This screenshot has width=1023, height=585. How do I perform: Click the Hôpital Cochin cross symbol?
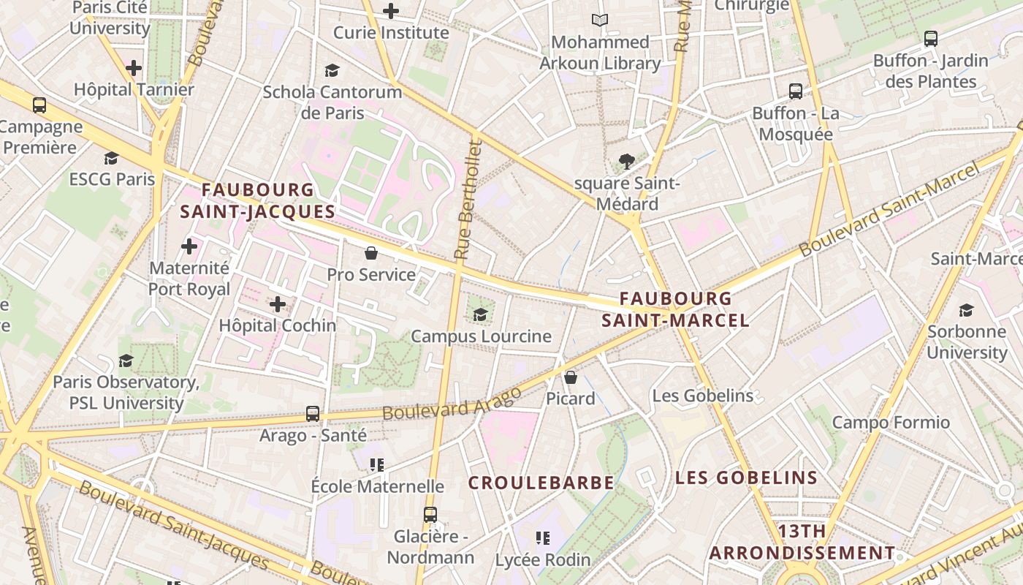[x=278, y=303]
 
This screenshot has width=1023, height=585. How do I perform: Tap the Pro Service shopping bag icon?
[x=371, y=254]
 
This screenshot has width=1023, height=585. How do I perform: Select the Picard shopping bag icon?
[x=571, y=377]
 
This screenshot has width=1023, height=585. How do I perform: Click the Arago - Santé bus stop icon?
[x=313, y=414]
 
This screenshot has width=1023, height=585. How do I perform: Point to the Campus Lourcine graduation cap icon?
[x=480, y=314]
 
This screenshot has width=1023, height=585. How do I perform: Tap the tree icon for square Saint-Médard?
[x=626, y=161]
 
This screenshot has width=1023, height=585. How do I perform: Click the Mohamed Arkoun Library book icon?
[x=600, y=20]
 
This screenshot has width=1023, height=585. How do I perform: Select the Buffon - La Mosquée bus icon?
[x=796, y=91]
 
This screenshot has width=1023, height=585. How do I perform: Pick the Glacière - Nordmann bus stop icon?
[x=430, y=514]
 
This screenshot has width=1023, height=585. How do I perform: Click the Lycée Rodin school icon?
[x=543, y=538]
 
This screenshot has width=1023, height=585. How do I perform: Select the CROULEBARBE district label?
[x=541, y=483]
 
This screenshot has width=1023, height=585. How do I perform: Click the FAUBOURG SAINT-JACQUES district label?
[x=257, y=200]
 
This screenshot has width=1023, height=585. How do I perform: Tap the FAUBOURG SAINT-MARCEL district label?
[x=675, y=309]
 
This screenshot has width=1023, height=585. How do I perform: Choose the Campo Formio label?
[x=891, y=422]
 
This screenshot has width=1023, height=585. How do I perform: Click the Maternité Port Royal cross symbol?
[x=189, y=246]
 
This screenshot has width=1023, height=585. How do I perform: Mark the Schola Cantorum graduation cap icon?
[x=332, y=70]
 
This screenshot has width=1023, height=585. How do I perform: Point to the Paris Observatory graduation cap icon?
[x=126, y=361]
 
